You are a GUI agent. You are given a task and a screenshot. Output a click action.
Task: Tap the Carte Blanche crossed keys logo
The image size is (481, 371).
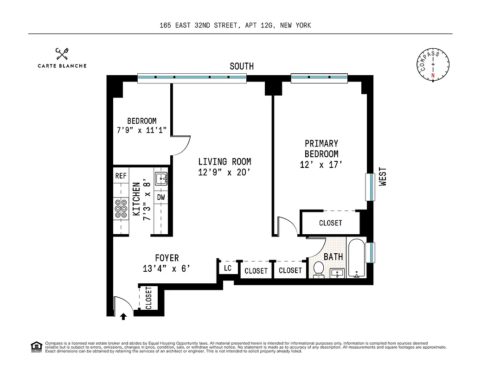[x=62, y=54]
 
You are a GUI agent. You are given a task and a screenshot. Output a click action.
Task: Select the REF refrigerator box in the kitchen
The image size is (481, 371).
[x=121, y=176]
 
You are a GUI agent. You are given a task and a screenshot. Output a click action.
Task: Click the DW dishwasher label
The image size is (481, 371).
[x=160, y=197]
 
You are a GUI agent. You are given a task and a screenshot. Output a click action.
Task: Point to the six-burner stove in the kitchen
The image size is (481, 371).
[x=121, y=208]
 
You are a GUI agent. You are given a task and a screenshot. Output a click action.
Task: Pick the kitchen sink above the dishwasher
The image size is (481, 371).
[x=160, y=178]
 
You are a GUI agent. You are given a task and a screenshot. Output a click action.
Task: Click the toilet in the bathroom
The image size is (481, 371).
[x=319, y=269]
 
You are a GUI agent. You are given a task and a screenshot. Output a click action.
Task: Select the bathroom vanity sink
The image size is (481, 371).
[x=337, y=273]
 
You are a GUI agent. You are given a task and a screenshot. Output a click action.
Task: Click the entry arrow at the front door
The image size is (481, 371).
[x=123, y=316]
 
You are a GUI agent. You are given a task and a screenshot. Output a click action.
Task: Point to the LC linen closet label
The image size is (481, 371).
[x=227, y=268]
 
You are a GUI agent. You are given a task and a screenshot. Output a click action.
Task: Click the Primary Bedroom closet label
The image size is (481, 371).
[x=330, y=223]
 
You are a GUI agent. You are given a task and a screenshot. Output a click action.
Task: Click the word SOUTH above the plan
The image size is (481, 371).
[x=242, y=66]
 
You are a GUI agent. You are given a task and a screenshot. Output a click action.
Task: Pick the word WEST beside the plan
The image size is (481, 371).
[x=383, y=177]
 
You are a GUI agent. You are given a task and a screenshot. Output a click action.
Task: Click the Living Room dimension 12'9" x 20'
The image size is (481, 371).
[x=224, y=173]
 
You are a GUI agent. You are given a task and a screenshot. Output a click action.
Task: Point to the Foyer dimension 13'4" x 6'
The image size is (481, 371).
[x=167, y=269]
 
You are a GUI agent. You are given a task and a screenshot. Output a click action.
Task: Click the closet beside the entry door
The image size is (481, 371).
[x=148, y=297]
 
